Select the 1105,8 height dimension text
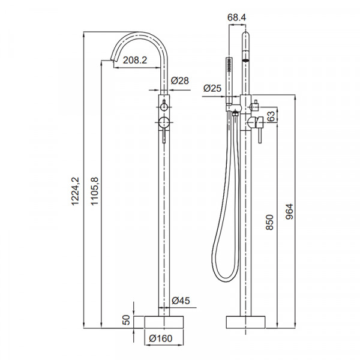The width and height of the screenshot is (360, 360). coord(94,191)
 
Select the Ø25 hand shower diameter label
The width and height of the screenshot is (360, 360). coord(213,88)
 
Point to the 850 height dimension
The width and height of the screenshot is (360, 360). coord(270,223)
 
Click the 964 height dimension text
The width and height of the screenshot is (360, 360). coord(290,212)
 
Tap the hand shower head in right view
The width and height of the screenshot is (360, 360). coord(230,65)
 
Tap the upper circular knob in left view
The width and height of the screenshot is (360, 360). coord(163,107)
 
